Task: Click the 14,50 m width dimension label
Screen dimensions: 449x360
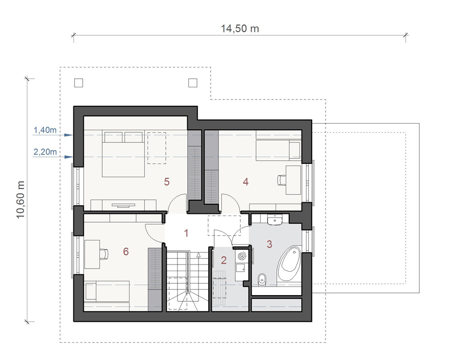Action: point(240,29)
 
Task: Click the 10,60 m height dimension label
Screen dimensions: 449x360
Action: point(20,200)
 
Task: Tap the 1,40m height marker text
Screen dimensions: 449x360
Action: point(45,130)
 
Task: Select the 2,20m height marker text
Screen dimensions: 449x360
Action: point(45,152)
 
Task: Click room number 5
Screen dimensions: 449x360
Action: point(167,182)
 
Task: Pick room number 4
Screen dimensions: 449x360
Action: point(245,182)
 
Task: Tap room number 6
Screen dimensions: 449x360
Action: point(126,251)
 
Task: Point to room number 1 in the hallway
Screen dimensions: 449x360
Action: point(186,233)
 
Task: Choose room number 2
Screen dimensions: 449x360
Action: point(223,260)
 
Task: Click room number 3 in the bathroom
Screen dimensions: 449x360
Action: point(269,244)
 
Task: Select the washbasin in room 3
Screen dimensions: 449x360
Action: point(275,220)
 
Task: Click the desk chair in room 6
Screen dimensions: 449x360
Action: point(104,254)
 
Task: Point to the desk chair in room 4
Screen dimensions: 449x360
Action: point(282,180)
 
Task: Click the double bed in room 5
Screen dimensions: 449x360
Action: point(123,154)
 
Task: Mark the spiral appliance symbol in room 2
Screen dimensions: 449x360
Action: point(242,256)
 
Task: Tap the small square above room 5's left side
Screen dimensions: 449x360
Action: point(79,83)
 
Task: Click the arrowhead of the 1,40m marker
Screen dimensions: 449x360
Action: point(69,135)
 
